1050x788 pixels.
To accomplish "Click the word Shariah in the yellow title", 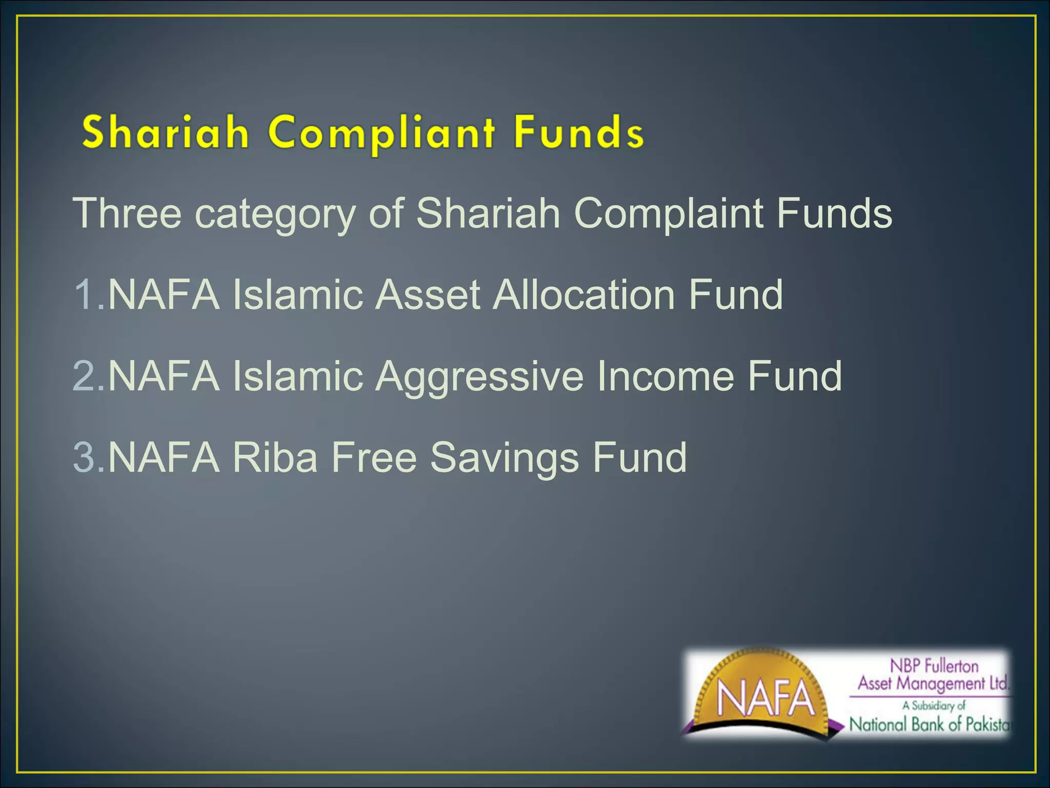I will [165, 132].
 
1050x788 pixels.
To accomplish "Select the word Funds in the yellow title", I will [579, 132].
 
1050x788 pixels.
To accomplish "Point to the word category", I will [275, 214].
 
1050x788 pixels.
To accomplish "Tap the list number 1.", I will [84, 294].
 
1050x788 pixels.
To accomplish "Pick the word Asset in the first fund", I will [428, 294].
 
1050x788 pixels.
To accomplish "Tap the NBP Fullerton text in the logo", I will [934, 666].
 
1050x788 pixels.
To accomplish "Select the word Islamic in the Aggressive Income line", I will [298, 376].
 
